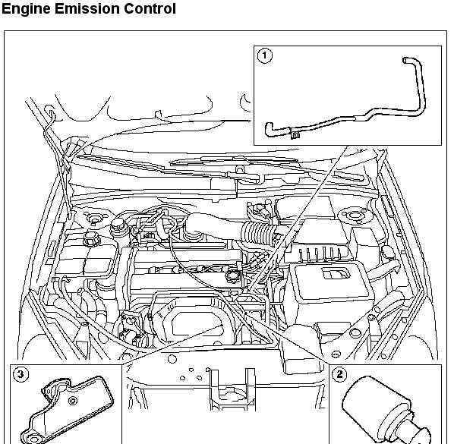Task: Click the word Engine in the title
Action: [27, 8]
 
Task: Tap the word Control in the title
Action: [150, 8]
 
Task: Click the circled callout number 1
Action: [265, 55]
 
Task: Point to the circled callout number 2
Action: [339, 374]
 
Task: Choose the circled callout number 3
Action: [20, 374]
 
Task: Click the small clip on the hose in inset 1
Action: [295, 135]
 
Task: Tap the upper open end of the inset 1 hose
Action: [405, 60]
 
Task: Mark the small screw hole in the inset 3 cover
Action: [72, 401]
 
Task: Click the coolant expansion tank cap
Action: [91, 238]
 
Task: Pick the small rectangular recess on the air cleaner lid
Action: [336, 273]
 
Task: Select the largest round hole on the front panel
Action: [172, 359]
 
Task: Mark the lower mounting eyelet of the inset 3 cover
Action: [33, 439]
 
